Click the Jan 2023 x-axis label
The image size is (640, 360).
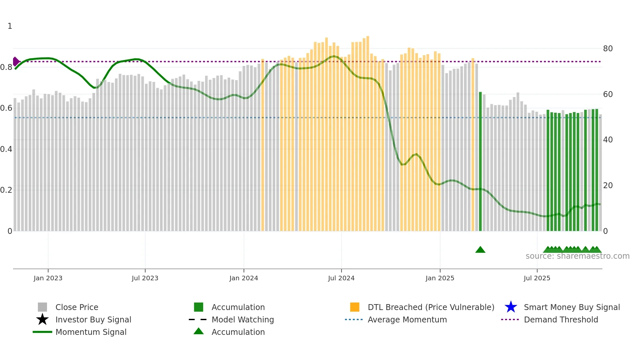pyautogui.click(x=48, y=278)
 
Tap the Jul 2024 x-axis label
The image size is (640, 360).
pyautogui.click(x=341, y=278)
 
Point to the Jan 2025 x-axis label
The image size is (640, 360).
pyautogui.click(x=440, y=278)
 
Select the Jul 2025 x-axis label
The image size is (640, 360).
pyautogui.click(x=537, y=278)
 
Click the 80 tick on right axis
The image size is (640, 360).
pyautogui.click(x=608, y=49)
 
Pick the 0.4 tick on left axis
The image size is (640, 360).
pyautogui.click(x=6, y=149)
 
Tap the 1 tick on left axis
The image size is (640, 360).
pyautogui.click(x=10, y=26)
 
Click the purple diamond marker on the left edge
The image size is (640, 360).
pyautogui.click(x=16, y=61)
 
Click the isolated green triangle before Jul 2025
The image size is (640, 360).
pyautogui.click(x=480, y=250)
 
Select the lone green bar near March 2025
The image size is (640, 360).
pyautogui.click(x=480, y=162)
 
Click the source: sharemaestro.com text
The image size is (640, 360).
pyautogui.click(x=577, y=256)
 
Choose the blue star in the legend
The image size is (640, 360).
pyautogui.click(x=511, y=307)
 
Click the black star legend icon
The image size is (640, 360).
pyautogui.click(x=42, y=319)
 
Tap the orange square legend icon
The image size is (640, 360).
pyautogui.click(x=355, y=307)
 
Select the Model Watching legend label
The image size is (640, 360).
pyautogui.click(x=243, y=319)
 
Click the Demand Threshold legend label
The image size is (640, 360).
pyautogui.click(x=561, y=319)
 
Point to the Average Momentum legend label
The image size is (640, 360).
pyautogui.click(x=407, y=319)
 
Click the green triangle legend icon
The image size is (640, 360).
pyautogui.click(x=199, y=332)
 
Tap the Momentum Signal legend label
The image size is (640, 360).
pyautogui.click(x=91, y=332)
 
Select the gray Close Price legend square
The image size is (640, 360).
pyautogui.click(x=42, y=307)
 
